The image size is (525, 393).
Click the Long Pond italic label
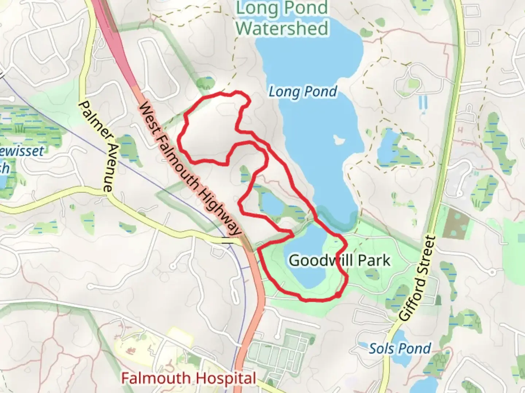303,92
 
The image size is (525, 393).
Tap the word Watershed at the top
282,28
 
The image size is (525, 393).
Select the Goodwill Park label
339,261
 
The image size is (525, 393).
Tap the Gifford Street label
418,278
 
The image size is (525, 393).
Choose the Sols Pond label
400,349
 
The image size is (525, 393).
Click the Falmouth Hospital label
188,378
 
